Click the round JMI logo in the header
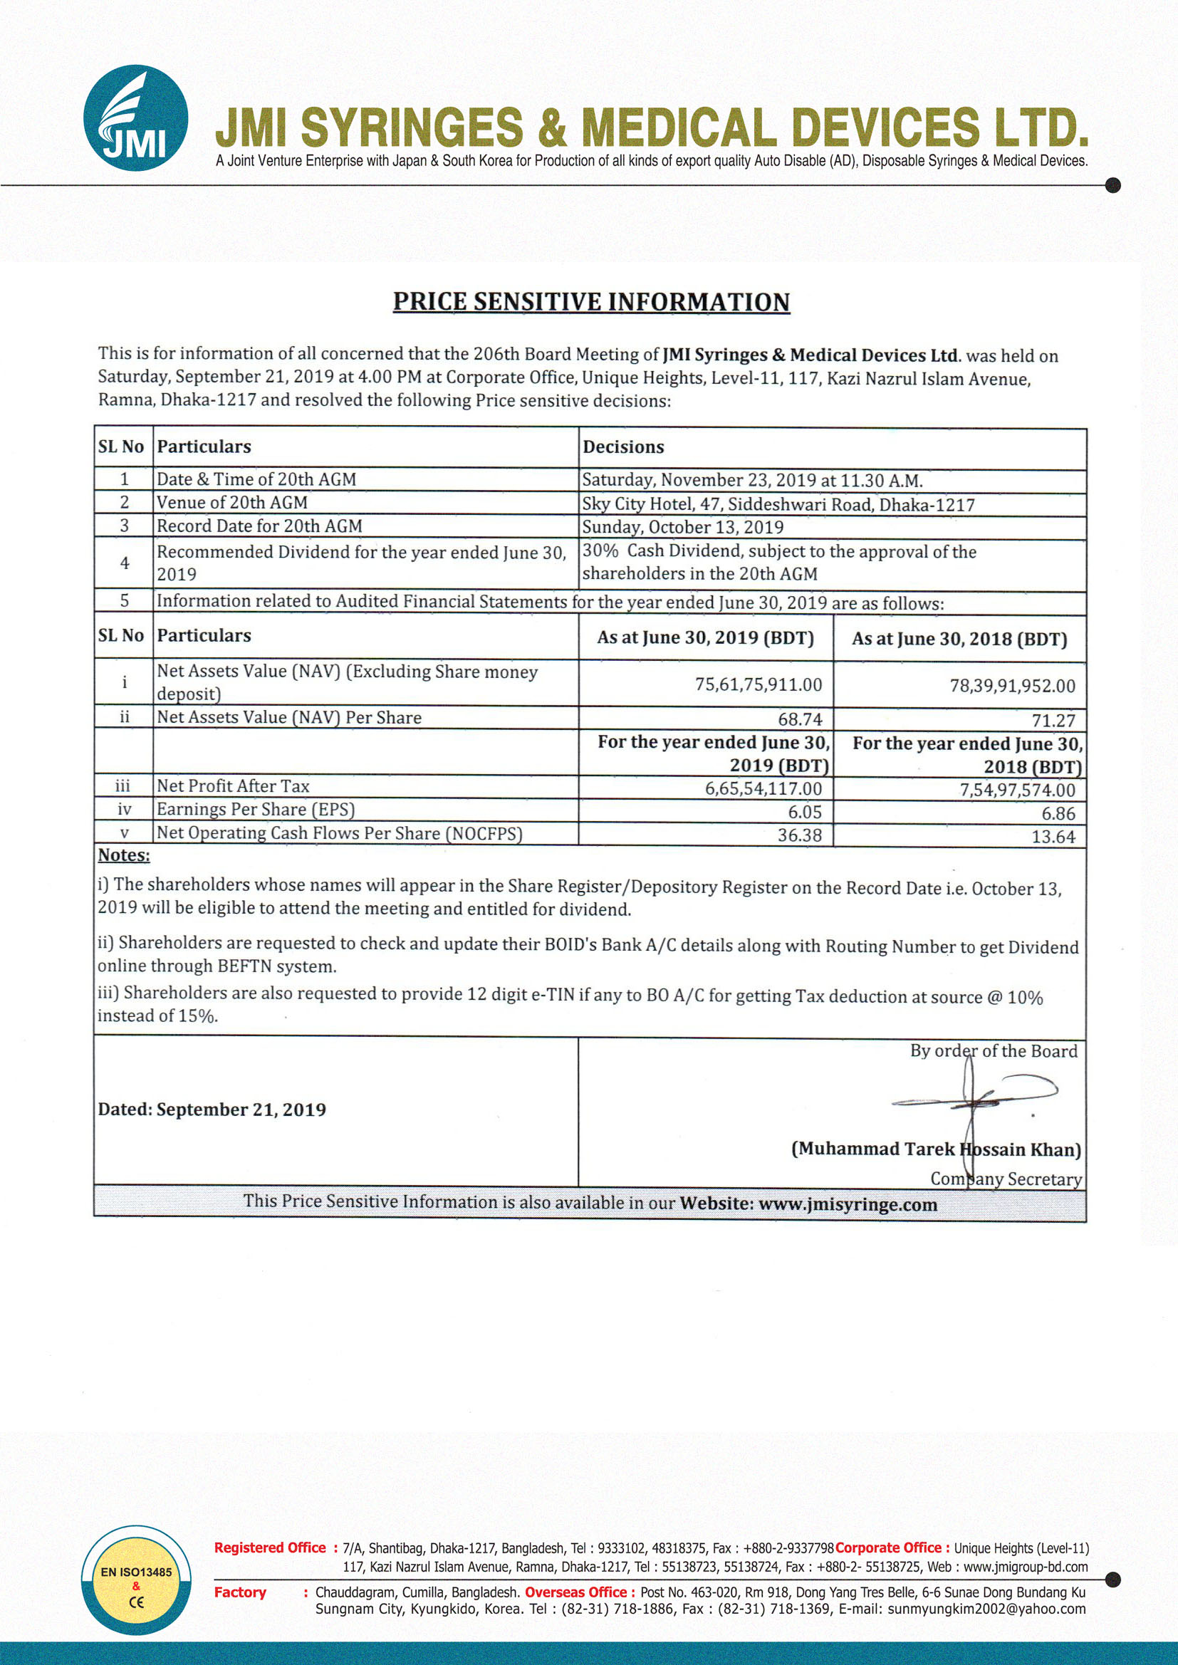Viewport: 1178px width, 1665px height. [135, 118]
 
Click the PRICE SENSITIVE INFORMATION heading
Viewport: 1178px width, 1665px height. [591, 302]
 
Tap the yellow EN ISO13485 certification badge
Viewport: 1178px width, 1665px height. [136, 1580]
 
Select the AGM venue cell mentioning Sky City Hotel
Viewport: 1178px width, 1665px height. [778, 505]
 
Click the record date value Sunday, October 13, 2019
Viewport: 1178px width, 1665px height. [682, 527]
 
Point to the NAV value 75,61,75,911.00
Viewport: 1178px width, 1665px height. [758, 684]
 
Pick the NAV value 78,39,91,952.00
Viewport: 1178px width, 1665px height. [1012, 686]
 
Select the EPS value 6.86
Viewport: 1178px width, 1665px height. [1058, 814]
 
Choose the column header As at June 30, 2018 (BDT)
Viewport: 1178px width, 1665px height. [959, 639]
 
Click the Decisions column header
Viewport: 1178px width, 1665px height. [623, 447]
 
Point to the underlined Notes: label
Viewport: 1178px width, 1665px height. [124, 856]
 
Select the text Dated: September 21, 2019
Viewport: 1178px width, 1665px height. [212, 1110]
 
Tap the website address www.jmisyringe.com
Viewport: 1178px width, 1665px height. [848, 1204]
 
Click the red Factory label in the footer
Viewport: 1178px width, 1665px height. [240, 1592]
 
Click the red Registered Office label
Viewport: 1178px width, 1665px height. [270, 1547]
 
